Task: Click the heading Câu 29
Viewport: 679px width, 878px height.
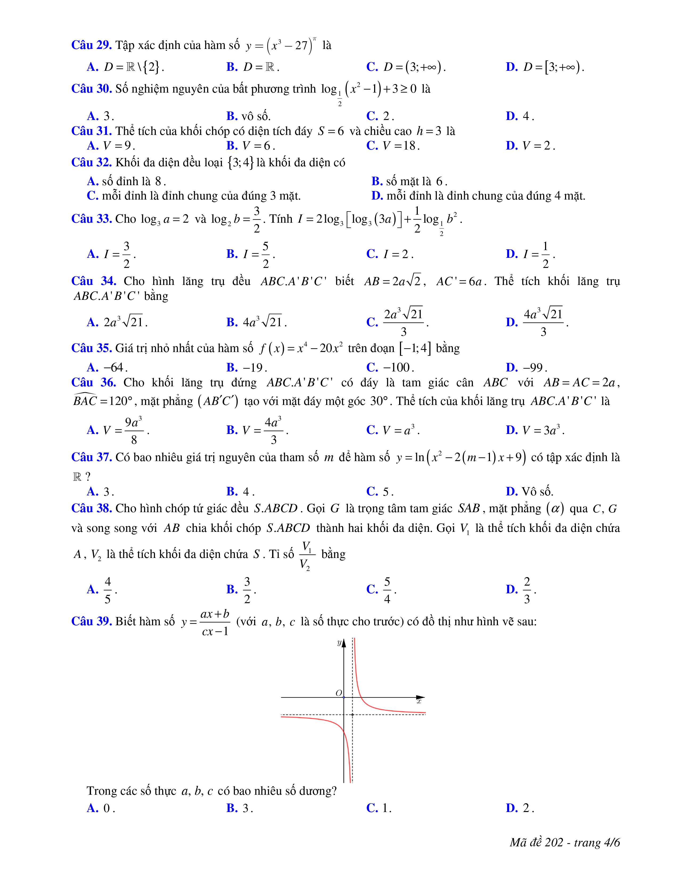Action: pyautogui.click(x=91, y=45)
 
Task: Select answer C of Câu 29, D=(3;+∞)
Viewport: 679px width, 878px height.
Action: pyautogui.click(x=406, y=67)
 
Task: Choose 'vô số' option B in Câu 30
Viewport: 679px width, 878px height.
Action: pyautogui.click(x=249, y=116)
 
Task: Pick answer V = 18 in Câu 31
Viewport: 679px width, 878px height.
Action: pyautogui.click(x=393, y=146)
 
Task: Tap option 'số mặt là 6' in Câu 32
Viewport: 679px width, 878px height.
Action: pyautogui.click(x=410, y=181)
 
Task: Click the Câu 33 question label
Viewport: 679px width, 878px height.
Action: pyautogui.click(x=91, y=219)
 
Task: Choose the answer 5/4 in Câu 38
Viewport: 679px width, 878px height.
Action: pyautogui.click(x=382, y=590)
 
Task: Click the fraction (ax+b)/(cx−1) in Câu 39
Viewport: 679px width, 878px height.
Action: pyautogui.click(x=215, y=622)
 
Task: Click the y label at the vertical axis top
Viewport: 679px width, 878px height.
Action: pyautogui.click(x=339, y=643)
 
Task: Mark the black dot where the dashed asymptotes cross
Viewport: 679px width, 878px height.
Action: pyautogui.click(x=352, y=714)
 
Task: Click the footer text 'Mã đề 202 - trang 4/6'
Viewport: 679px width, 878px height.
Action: pyautogui.click(x=564, y=842)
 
